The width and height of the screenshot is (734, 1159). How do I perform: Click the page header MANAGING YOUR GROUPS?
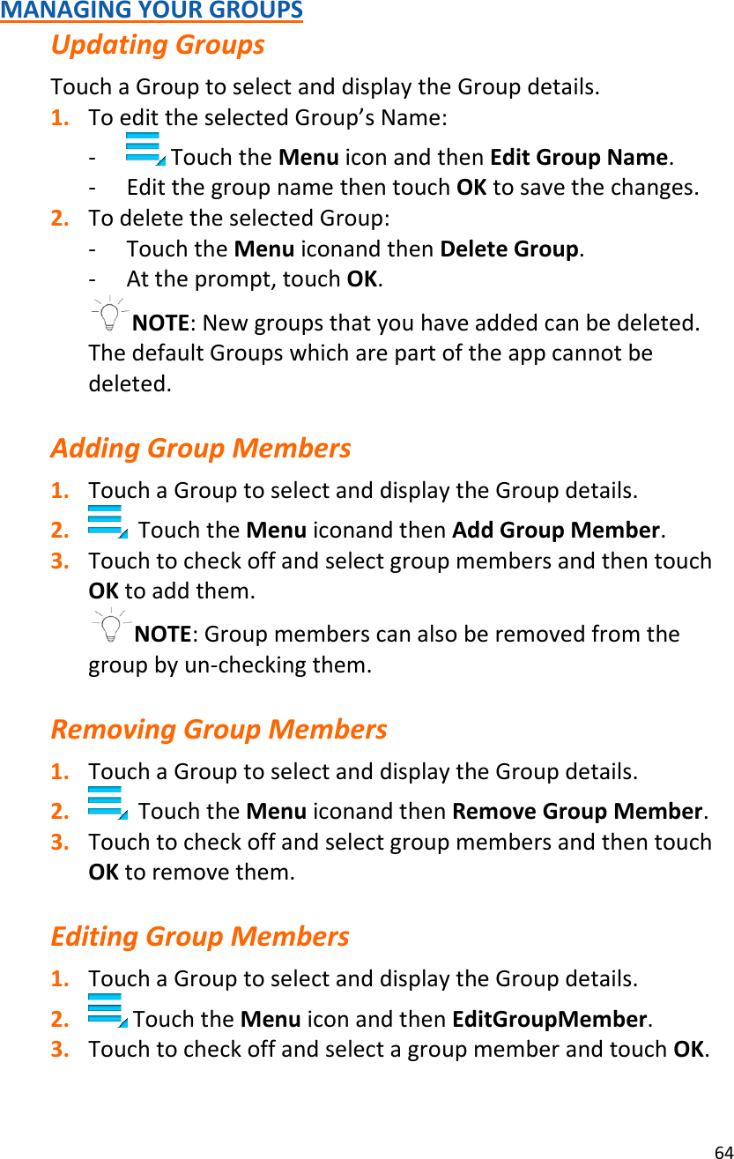point(152,11)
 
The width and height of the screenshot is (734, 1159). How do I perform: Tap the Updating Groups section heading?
point(158,45)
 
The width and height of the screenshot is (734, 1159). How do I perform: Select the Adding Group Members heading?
point(200,449)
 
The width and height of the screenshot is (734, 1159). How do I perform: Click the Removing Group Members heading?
point(219,730)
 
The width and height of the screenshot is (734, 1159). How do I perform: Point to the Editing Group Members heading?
point(200,936)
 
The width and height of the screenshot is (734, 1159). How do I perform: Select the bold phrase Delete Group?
point(510,249)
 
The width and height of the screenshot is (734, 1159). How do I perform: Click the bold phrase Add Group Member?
point(557,531)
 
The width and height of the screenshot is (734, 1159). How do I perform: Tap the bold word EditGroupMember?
point(550,1020)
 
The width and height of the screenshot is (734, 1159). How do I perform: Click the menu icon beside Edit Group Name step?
point(145,149)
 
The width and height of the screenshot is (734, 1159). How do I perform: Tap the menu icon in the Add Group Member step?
point(107,521)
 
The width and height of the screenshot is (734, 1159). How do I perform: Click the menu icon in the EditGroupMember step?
point(107,1010)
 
